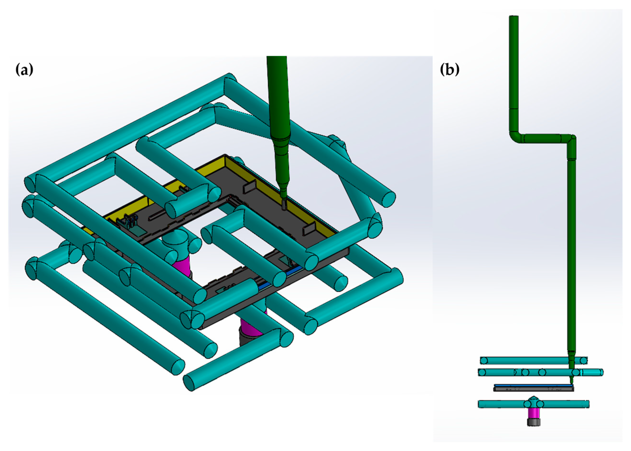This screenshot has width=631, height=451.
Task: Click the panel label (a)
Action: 24,69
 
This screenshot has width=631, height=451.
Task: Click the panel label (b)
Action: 450,69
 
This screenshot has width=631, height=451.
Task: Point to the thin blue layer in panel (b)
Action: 534,385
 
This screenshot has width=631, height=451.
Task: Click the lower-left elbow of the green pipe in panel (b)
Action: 514,138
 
